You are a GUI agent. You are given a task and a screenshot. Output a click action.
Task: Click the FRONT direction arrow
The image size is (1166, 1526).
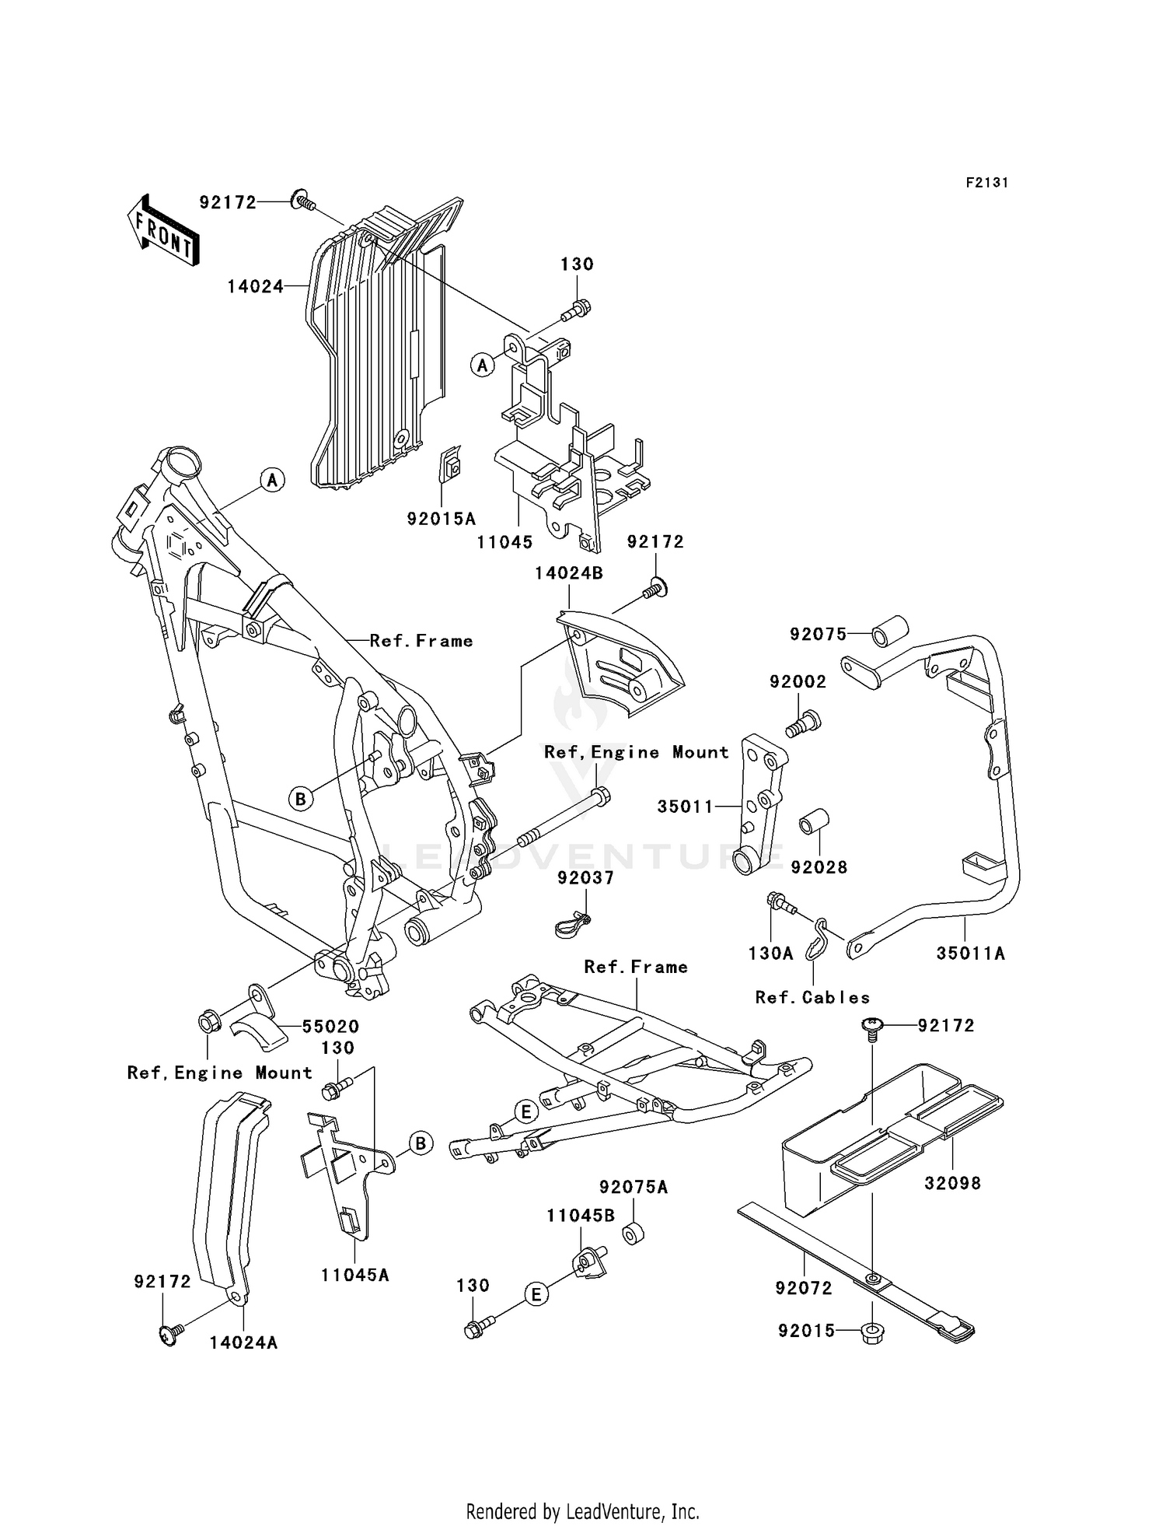[x=162, y=231]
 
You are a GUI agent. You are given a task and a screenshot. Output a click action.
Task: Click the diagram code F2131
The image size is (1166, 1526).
[x=986, y=183]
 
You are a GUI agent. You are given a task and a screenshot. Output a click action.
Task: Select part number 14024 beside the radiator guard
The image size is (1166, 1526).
[x=255, y=287]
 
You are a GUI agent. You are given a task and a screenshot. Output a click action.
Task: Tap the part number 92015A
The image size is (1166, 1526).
[x=441, y=519]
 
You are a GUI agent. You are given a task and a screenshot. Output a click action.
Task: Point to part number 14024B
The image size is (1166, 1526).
[x=568, y=573]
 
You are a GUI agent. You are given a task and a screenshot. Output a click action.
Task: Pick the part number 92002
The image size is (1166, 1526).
[x=798, y=682]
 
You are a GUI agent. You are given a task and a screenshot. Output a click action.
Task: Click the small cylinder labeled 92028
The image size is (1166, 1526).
[x=815, y=823]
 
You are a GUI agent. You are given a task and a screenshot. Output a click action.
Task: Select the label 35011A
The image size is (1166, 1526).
[x=970, y=954]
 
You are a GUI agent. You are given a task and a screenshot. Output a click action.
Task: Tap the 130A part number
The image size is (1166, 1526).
[x=770, y=954]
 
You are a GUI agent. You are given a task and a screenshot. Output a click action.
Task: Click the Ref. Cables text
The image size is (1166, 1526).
[x=812, y=998]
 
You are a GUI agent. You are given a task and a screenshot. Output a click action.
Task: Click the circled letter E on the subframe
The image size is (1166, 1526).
[x=525, y=1113]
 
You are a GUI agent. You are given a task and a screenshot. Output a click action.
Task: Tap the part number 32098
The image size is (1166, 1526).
[x=952, y=1184]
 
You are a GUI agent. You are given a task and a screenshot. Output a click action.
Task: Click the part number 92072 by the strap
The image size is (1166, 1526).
[x=803, y=1289]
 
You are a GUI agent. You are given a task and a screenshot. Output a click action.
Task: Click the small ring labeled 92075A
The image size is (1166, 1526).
[x=631, y=1235]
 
